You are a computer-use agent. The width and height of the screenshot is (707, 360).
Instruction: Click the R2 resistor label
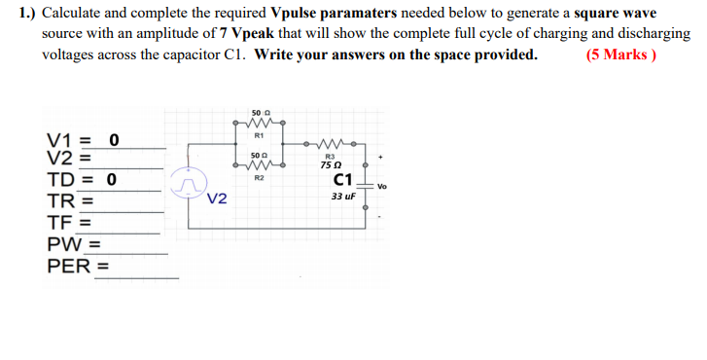pos(259,178)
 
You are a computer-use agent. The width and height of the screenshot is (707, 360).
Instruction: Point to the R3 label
pos(330,156)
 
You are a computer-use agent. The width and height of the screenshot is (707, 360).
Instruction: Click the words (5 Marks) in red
pos(621,54)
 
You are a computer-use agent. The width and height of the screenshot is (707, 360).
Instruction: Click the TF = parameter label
pos(69,222)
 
